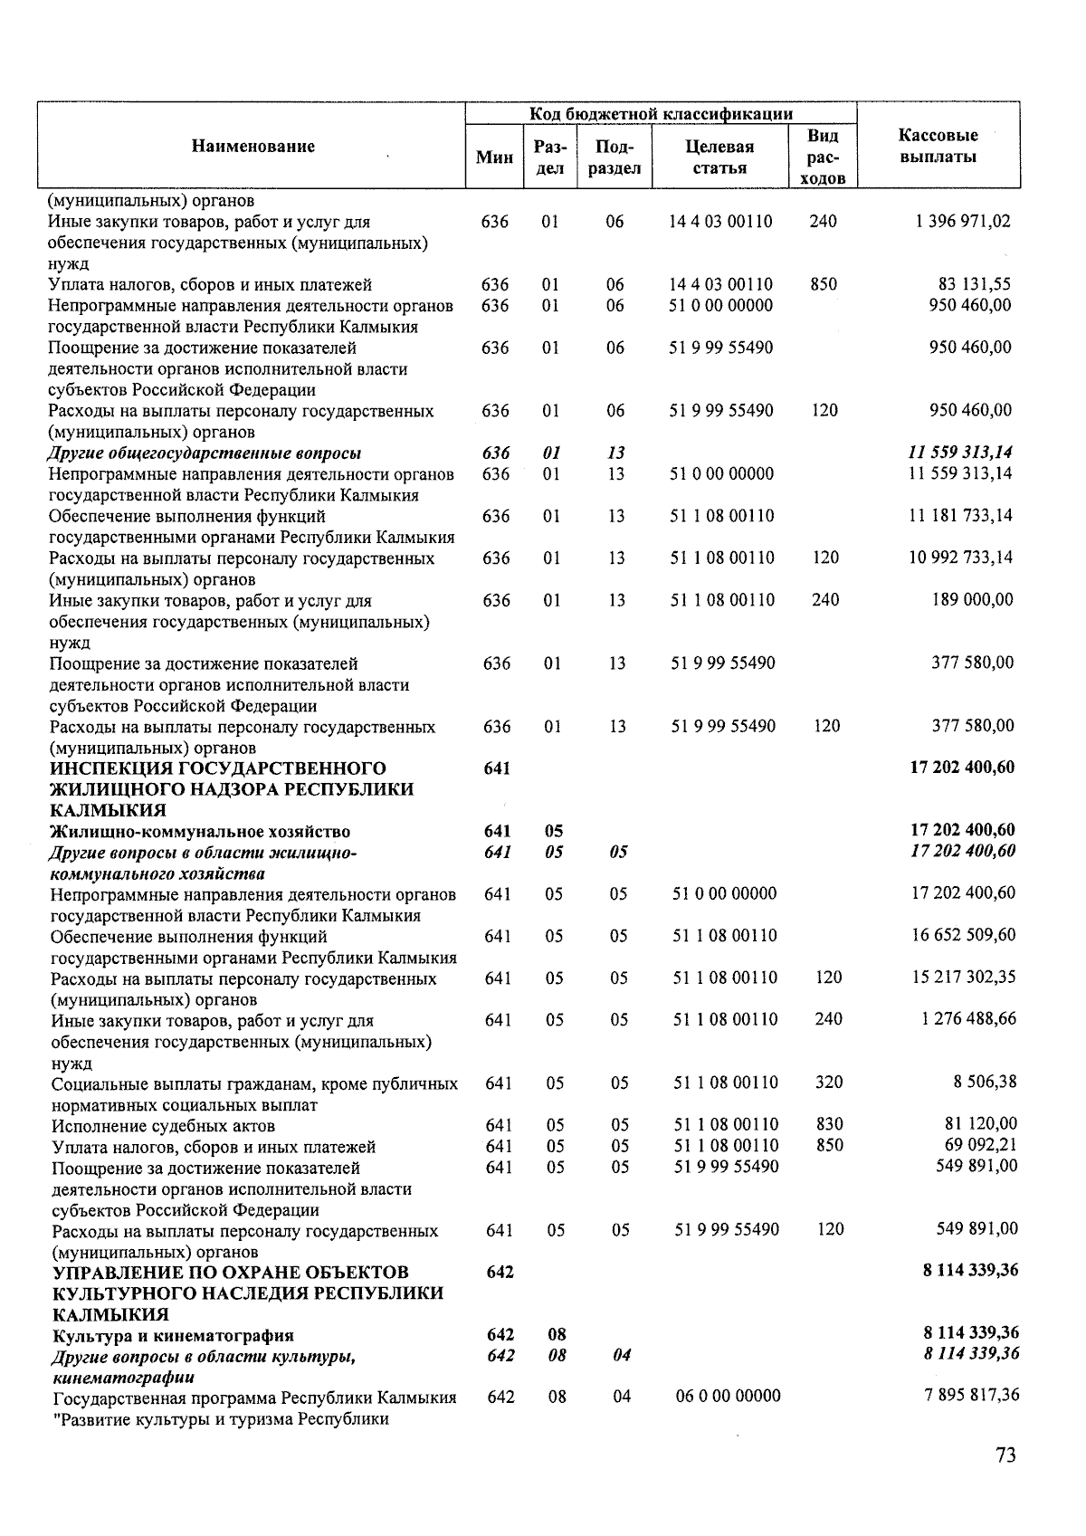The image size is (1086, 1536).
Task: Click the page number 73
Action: click(x=1005, y=1455)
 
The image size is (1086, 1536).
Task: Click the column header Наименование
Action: click(x=253, y=147)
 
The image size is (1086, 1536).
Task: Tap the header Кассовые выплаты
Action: click(x=938, y=146)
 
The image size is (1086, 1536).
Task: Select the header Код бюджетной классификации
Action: click(x=661, y=114)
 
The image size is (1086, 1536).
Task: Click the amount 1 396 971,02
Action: click(x=963, y=221)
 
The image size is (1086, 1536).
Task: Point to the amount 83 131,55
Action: click(x=974, y=284)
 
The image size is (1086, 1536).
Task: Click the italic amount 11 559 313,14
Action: click(x=960, y=453)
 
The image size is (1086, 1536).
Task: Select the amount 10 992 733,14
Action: click(x=960, y=558)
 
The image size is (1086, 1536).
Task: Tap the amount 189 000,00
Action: click(x=972, y=599)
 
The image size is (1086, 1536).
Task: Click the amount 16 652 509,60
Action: click(x=963, y=935)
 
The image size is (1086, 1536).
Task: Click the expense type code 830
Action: click(x=829, y=1124)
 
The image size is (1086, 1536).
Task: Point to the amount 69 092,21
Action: click(x=980, y=1145)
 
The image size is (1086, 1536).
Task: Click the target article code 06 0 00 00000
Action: click(x=728, y=1396)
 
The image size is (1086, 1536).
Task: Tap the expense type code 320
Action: click(x=829, y=1082)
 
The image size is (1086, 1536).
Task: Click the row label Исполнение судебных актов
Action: click(x=163, y=1126)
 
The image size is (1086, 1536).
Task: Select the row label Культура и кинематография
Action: click(x=172, y=1335)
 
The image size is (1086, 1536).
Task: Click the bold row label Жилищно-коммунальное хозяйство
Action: click(x=200, y=832)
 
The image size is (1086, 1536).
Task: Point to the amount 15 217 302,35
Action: click(x=963, y=978)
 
